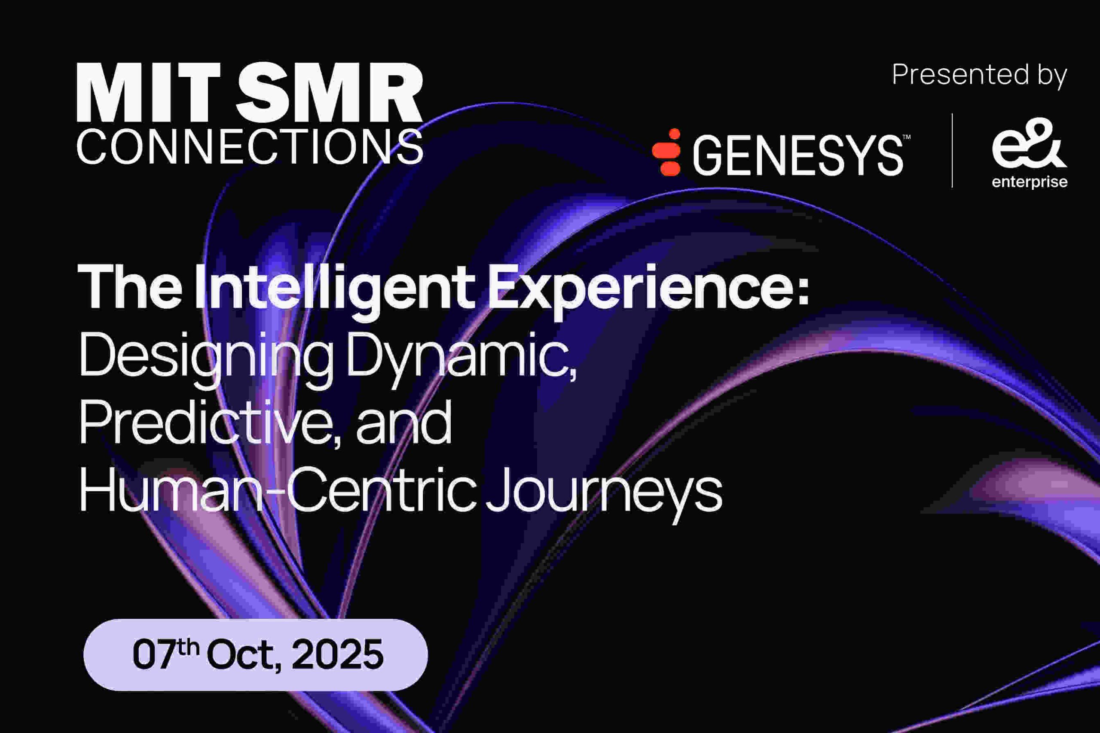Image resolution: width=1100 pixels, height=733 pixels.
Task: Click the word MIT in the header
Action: click(148, 93)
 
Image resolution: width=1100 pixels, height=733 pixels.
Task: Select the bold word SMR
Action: click(329, 93)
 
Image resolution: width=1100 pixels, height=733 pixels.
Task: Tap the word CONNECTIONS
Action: click(250, 146)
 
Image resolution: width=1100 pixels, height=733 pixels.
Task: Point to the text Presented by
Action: click(979, 75)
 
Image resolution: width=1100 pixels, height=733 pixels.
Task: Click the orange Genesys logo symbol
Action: click(667, 152)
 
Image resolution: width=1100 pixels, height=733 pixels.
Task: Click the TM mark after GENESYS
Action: click(906, 137)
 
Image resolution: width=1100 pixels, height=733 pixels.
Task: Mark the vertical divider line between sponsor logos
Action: click(952, 151)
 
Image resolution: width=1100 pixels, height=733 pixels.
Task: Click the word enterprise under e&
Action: click(1030, 182)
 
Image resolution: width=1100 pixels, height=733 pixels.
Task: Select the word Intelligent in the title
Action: click(335, 288)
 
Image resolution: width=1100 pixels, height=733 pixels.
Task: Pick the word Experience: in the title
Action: click(648, 288)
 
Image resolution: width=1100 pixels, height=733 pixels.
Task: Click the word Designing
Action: click(206, 356)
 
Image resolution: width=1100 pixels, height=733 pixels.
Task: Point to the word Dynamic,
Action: click(461, 356)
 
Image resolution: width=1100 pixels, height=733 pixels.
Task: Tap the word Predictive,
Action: click(210, 423)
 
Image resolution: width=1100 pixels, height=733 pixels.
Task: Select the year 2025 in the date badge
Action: click(337, 654)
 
